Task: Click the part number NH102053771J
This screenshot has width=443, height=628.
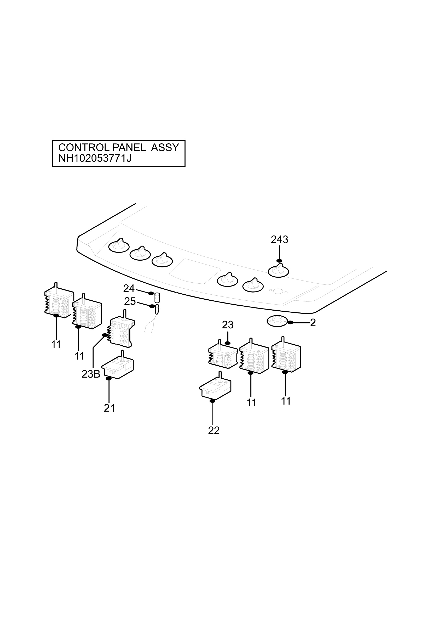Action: [95, 158]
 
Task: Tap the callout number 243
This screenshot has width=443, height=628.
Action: [279, 240]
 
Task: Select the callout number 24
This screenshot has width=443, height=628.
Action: [129, 288]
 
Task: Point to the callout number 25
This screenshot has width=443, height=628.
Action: [130, 301]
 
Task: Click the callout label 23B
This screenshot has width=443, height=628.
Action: [91, 374]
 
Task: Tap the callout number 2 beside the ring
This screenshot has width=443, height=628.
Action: [313, 323]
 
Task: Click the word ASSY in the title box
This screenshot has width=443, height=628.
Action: [165, 148]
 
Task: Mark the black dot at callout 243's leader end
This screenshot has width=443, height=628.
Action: [279, 261]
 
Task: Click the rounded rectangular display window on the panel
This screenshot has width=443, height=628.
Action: [195, 271]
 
